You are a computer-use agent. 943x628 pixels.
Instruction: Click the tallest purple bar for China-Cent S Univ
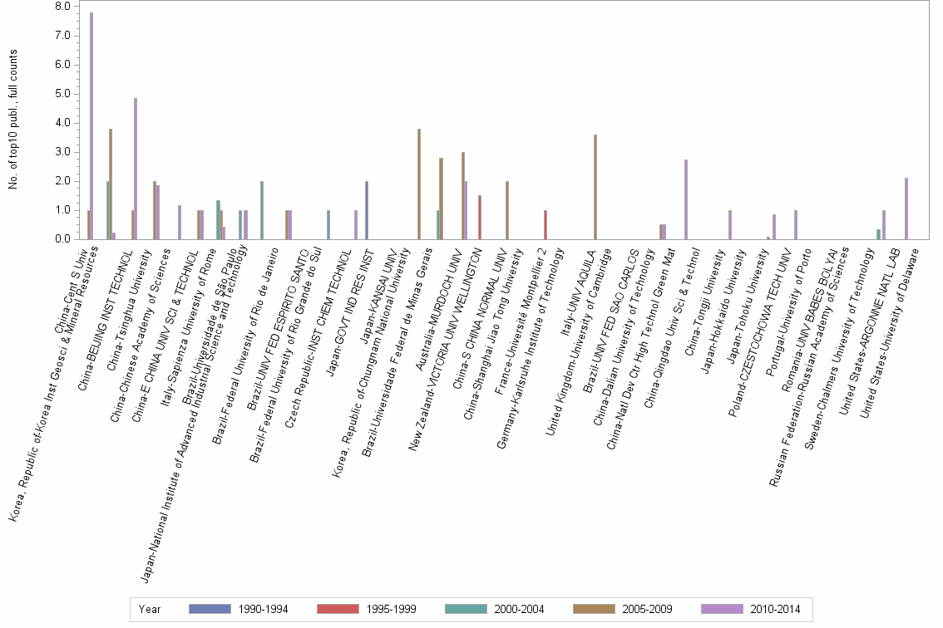point(91,125)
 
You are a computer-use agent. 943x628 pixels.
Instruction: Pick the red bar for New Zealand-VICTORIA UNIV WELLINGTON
point(480,217)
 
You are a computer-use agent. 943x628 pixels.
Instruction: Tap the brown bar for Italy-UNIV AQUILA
point(595,187)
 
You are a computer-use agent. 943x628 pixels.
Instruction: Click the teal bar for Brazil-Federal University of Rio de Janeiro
point(262,210)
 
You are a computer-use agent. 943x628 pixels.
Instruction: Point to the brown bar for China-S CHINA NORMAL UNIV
point(507,210)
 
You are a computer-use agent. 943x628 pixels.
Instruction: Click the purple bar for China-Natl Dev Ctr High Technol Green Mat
point(685,199)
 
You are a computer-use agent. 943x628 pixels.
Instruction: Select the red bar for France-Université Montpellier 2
point(546,224)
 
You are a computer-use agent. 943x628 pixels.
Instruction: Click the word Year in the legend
point(150,609)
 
